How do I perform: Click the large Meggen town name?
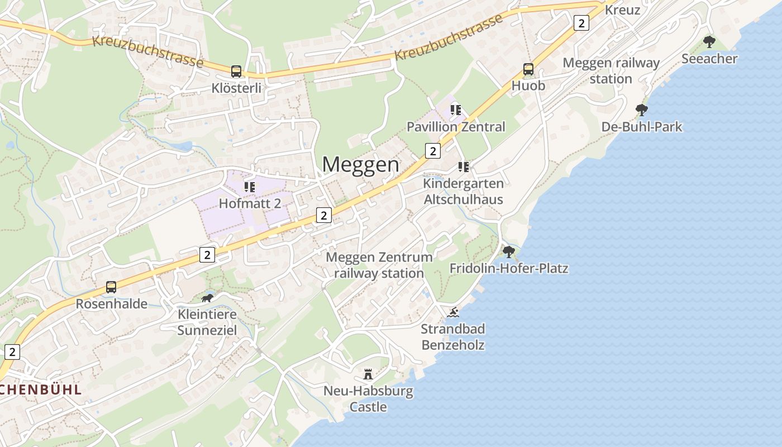[361, 165]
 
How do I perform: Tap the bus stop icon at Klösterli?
[236, 72]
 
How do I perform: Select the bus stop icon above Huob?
[528, 69]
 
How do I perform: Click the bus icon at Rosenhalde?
[111, 287]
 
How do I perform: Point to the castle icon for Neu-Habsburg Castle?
[368, 374]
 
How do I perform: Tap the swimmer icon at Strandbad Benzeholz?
[453, 312]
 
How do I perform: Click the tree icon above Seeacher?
[709, 42]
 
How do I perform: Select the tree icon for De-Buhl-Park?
[642, 110]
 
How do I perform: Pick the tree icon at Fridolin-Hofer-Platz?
[508, 251]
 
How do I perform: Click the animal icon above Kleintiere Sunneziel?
[207, 298]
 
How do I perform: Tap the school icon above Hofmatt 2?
[250, 187]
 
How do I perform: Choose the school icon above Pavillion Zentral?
[456, 110]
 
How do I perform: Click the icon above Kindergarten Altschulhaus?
[463, 167]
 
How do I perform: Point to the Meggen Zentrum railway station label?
[379, 265]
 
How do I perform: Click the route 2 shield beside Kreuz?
[581, 23]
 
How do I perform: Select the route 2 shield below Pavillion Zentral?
[432, 150]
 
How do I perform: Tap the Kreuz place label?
[622, 10]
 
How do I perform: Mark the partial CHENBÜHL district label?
[41, 389]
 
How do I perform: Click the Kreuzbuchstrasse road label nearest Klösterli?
[147, 51]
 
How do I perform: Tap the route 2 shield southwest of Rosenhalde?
[12, 351]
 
